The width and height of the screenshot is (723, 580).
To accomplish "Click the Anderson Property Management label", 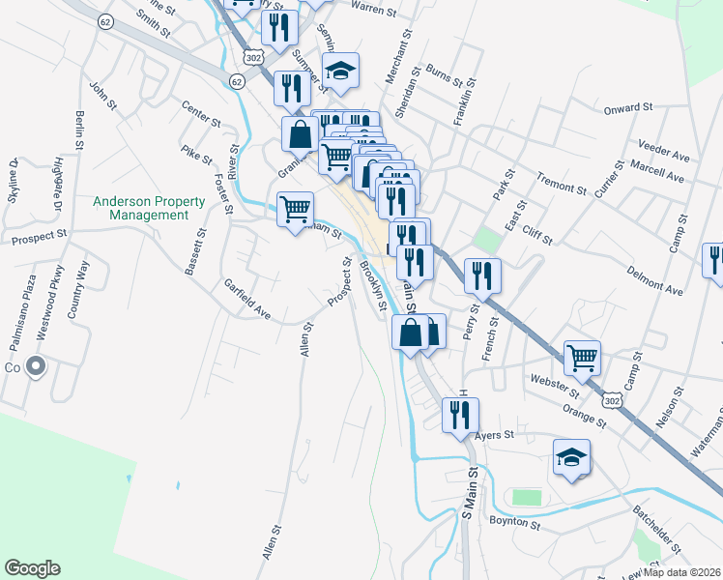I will (x=149, y=208).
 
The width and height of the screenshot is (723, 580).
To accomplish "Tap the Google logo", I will (x=32, y=568).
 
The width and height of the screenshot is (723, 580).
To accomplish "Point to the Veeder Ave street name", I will (x=664, y=150).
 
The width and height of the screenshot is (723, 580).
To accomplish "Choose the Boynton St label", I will (x=515, y=522).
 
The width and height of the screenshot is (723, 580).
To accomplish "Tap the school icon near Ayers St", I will (x=571, y=456).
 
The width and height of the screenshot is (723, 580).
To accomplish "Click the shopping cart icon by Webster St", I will (x=583, y=358).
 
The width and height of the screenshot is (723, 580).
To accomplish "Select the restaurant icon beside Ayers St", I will (x=460, y=415).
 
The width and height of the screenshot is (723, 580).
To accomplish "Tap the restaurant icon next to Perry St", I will (x=481, y=275).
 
